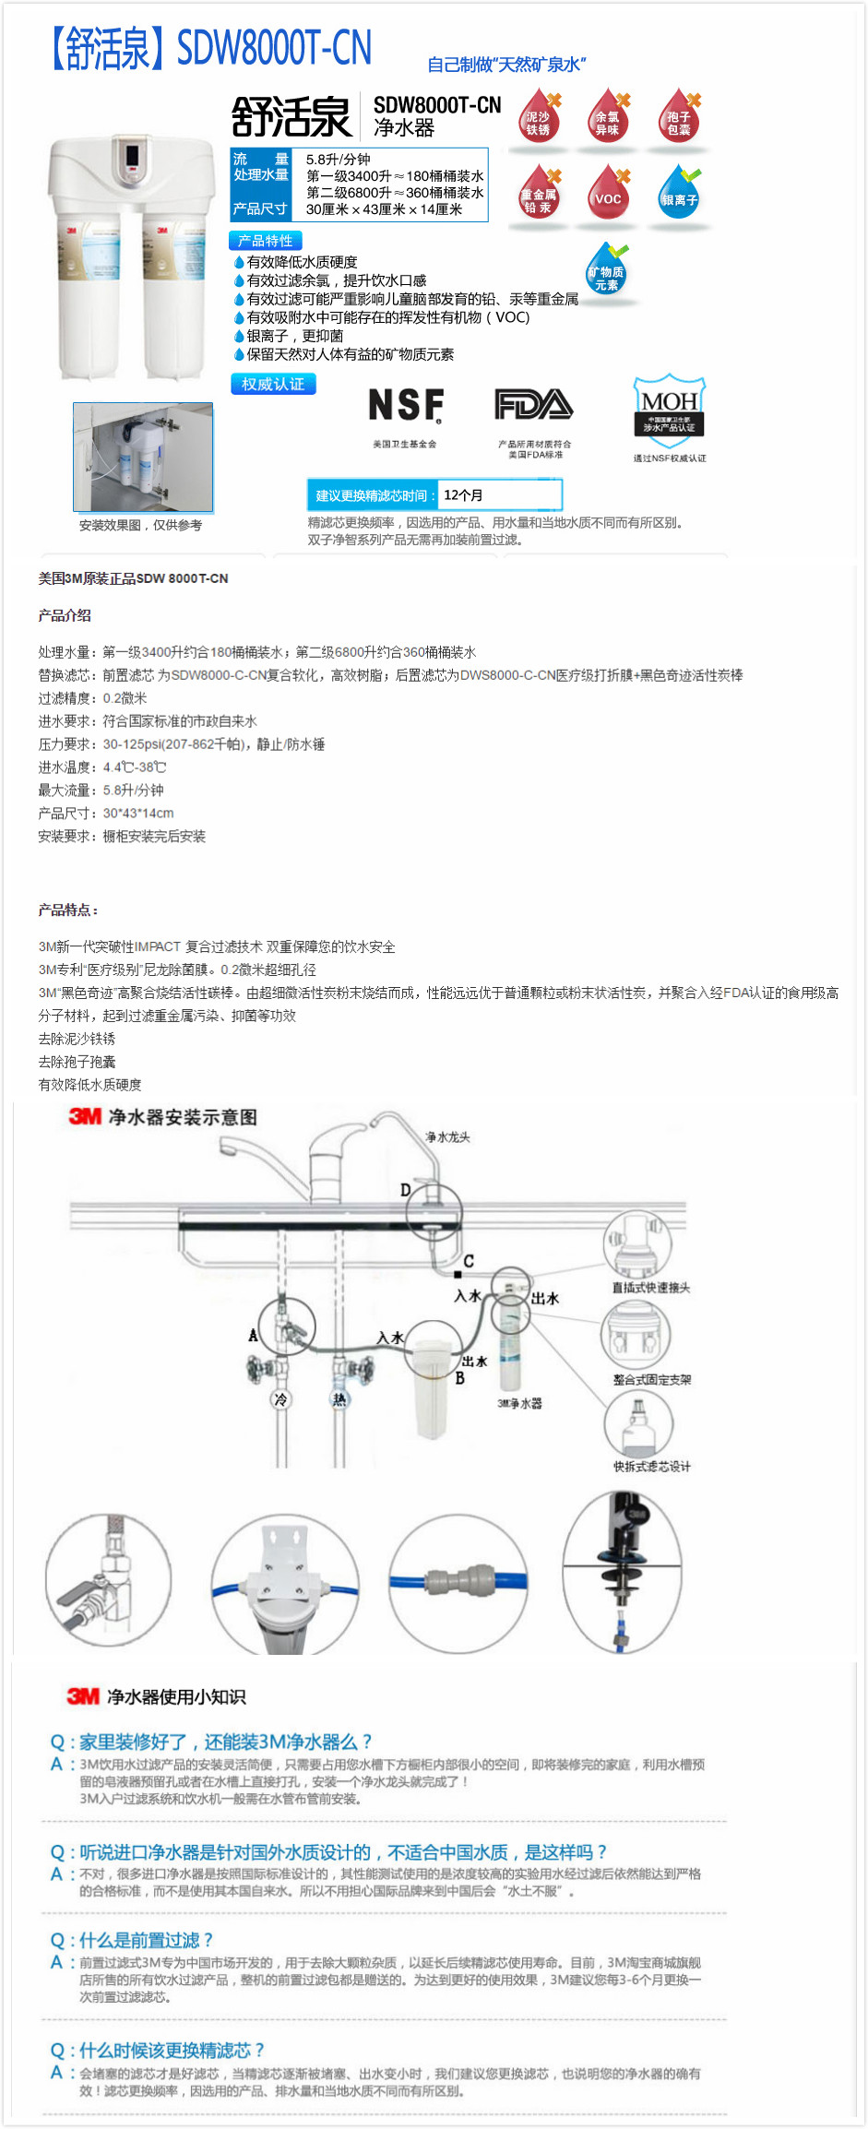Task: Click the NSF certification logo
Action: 406,405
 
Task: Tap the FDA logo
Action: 533,404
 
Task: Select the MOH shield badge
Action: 669,406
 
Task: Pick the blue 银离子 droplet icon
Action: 679,195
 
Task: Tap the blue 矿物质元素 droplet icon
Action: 606,272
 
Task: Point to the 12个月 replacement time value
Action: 463,495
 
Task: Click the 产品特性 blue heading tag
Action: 265,241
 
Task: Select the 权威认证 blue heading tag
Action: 273,384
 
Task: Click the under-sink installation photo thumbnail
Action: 143,457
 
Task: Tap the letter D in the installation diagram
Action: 405,1190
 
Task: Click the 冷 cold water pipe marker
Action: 280,1399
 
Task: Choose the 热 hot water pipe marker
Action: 339,1399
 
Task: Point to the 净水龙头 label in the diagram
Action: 447,1137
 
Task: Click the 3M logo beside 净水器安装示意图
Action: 85,1117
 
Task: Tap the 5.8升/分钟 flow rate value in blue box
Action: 338,160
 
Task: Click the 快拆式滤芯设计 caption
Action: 651,1467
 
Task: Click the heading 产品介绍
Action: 65,615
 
